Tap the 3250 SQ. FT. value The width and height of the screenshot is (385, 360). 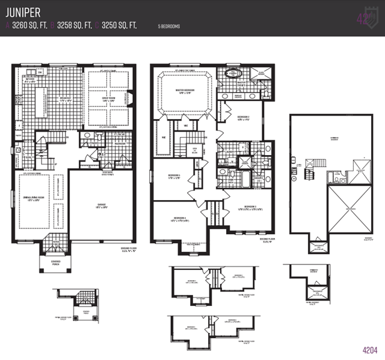click(119, 25)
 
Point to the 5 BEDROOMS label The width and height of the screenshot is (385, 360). click(169, 26)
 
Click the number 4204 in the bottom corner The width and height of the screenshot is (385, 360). click(369, 349)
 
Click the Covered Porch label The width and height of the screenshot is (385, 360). click(55, 262)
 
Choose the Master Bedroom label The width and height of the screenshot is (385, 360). click(183, 91)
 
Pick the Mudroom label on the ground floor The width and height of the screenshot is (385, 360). click(120, 144)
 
